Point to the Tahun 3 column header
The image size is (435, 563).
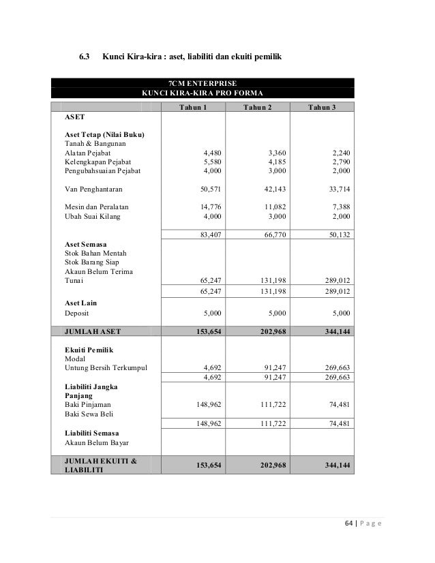point(321,108)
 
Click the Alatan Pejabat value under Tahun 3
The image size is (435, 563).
point(340,153)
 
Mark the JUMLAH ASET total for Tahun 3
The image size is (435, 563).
point(336,332)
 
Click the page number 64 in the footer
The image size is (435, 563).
point(344,523)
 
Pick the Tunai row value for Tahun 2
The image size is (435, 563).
point(264,279)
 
